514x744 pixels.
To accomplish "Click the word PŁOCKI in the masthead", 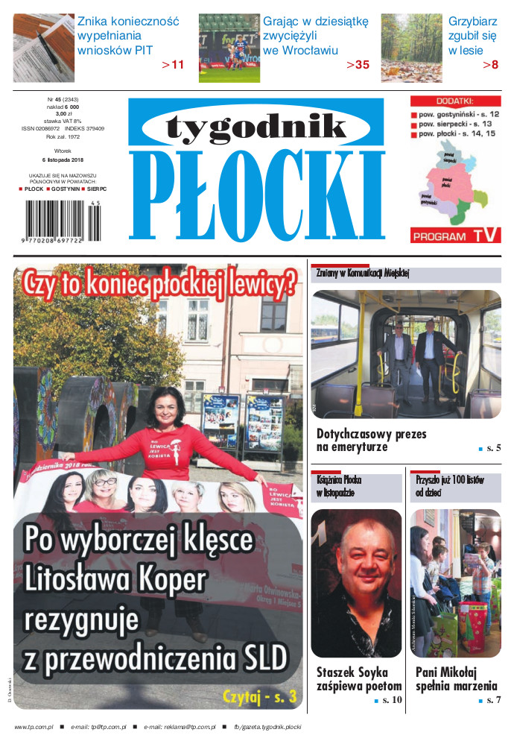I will [257, 193].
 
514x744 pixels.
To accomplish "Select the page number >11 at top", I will [173, 65].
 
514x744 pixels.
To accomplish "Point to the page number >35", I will [358, 65].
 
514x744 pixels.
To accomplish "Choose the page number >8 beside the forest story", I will [490, 65].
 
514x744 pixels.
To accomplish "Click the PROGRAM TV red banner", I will [455, 236].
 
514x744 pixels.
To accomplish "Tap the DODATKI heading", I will [455, 101].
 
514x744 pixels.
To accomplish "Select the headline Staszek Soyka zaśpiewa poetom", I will [358, 679].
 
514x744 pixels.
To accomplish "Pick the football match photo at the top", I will [229, 48].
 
